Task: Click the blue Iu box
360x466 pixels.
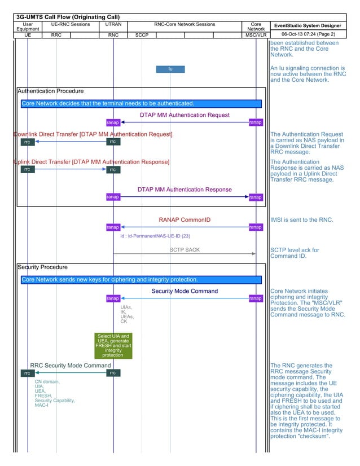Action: pyautogui.click(x=170, y=69)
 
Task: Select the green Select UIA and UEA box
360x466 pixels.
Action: pyautogui.click(x=113, y=345)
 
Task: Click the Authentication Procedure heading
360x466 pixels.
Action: pyautogui.click(x=51, y=91)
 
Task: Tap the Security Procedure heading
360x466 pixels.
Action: pyautogui.click(x=43, y=267)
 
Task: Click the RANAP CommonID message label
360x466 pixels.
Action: pyautogui.click(x=185, y=219)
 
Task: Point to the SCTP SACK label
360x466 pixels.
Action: pyautogui.click(x=185, y=249)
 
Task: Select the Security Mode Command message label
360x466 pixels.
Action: pyautogui.click(x=185, y=291)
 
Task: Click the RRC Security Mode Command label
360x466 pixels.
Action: pyautogui.click(x=71, y=366)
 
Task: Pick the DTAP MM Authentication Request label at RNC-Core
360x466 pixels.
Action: pyautogui.click(x=185, y=115)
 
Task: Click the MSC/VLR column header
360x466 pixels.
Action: pyautogui.click(x=256, y=35)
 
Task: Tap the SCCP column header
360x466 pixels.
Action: pyautogui.click(x=142, y=35)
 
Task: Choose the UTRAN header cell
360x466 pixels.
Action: pyautogui.click(x=113, y=25)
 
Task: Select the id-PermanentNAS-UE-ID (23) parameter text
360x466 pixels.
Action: pyautogui.click(x=155, y=236)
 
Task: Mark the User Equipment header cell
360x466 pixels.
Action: pyautogui.click(x=28, y=27)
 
